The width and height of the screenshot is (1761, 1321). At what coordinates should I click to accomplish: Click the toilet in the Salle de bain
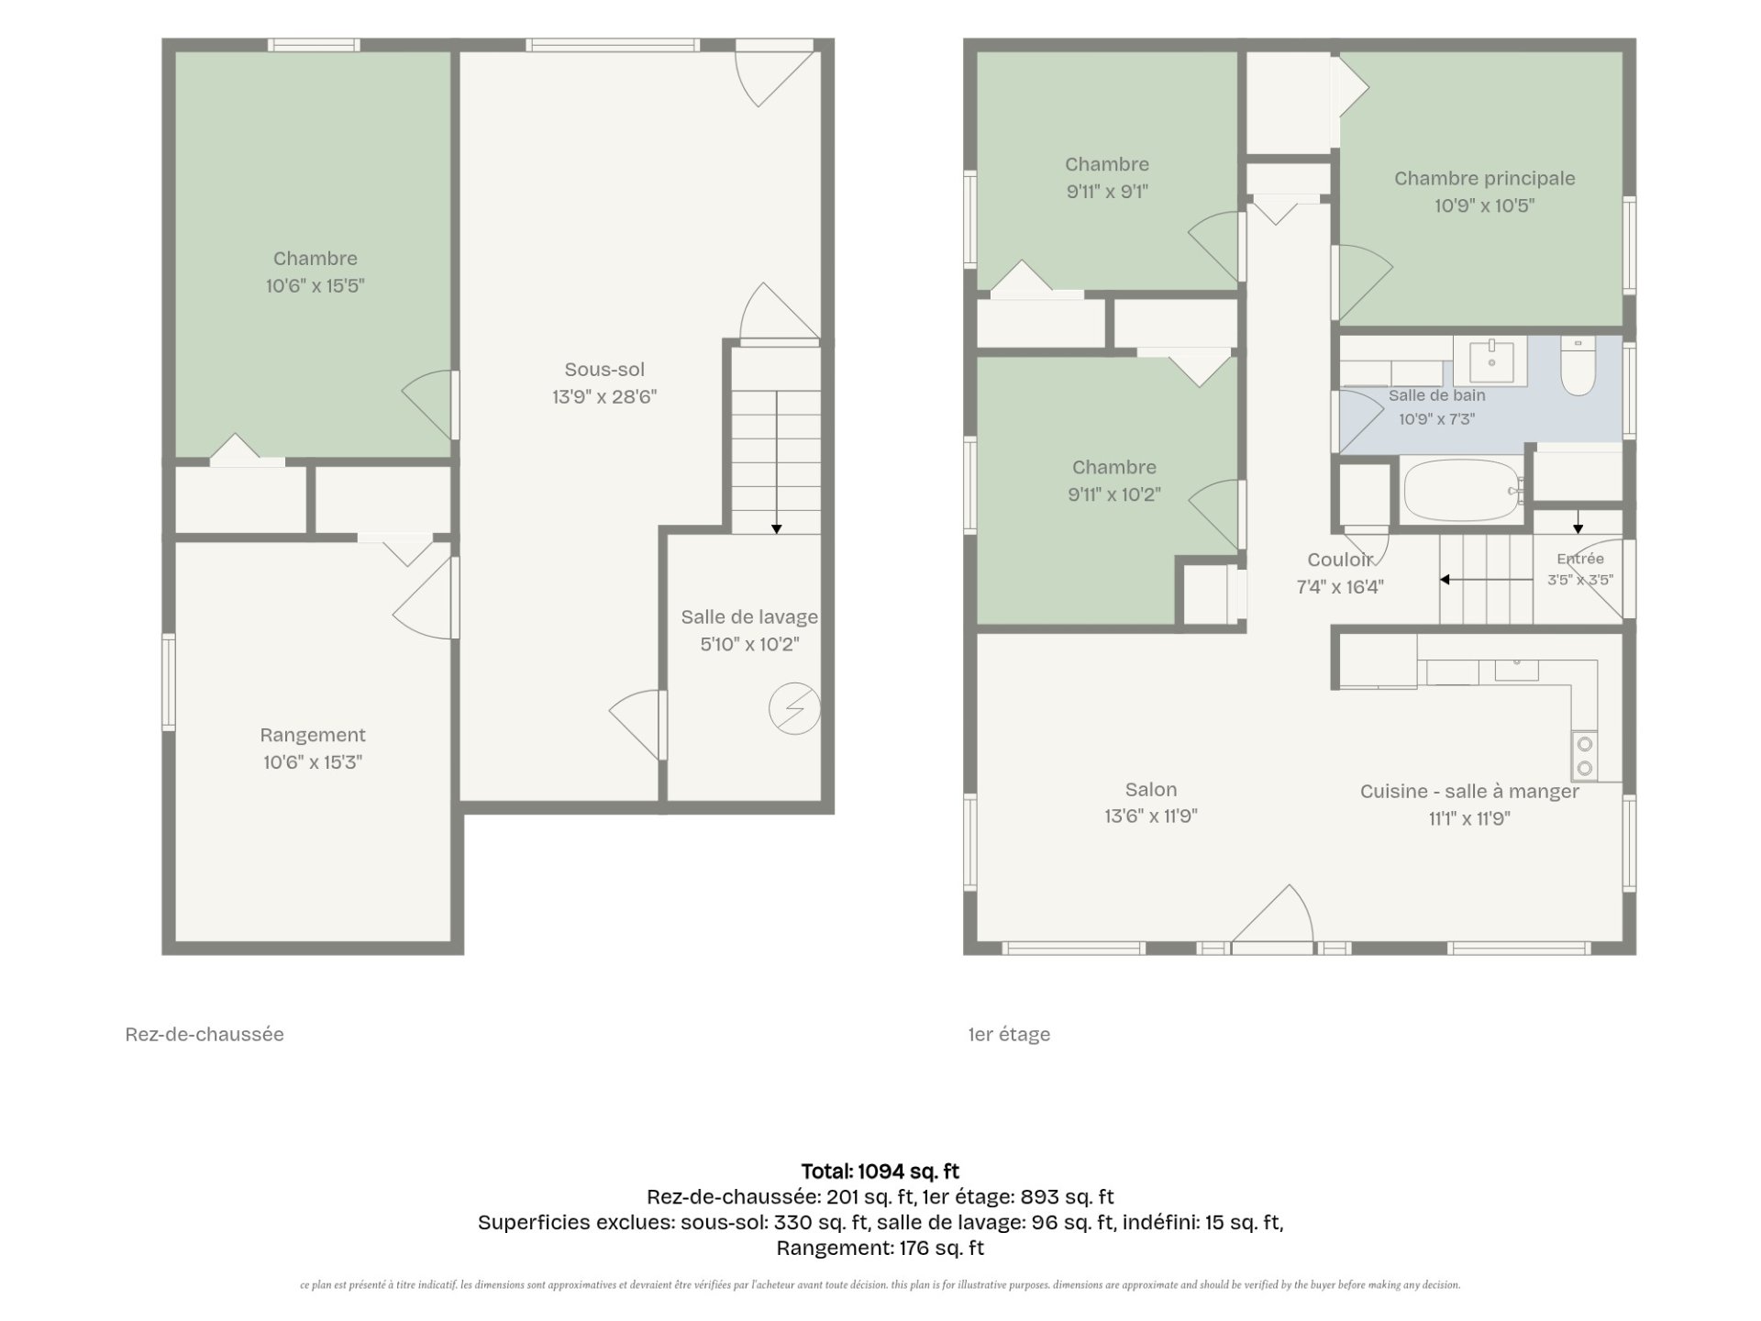(x=1578, y=366)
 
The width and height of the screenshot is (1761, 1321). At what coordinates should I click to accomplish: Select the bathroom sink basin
(x=1491, y=360)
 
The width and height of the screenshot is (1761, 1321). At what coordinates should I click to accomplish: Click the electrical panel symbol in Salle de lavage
(x=794, y=708)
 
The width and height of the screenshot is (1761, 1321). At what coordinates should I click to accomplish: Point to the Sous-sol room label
(x=604, y=370)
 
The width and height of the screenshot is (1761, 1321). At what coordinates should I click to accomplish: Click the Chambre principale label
(x=1485, y=179)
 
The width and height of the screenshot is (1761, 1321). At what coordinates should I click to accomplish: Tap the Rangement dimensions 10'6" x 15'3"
(x=313, y=762)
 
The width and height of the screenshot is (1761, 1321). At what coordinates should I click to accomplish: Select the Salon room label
(x=1151, y=790)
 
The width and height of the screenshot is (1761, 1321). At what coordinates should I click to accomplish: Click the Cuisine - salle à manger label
(x=1469, y=792)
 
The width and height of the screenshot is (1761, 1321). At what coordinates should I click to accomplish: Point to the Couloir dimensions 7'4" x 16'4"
(x=1340, y=587)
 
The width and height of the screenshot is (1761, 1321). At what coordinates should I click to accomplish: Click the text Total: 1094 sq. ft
(x=880, y=1171)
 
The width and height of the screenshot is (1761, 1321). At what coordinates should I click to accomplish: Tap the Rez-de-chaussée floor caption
(x=205, y=1035)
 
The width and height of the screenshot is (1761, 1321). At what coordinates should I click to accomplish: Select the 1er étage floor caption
(x=1009, y=1035)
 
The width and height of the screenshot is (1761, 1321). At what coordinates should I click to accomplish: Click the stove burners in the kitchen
(x=1585, y=756)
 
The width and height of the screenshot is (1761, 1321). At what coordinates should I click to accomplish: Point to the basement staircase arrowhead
(x=777, y=528)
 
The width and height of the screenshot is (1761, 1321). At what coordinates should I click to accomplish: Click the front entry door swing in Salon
(x=1272, y=914)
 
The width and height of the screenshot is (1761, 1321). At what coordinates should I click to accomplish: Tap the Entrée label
(x=1580, y=559)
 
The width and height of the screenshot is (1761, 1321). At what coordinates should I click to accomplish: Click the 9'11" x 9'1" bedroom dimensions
(x=1107, y=192)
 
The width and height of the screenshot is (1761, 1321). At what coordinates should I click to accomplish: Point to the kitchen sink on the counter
(x=1517, y=670)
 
